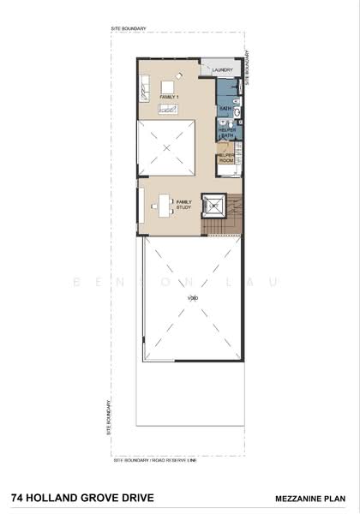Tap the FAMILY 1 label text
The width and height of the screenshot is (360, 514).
tap(170, 97)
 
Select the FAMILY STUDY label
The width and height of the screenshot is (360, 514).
tap(183, 204)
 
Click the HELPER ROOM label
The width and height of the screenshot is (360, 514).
tap(225, 157)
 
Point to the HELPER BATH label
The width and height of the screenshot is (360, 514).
tap(227, 133)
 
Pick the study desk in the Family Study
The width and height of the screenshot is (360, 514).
tap(163, 205)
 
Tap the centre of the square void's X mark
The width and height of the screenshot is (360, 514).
tap(166, 148)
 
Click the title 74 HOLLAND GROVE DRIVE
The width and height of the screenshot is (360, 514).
tap(68, 496)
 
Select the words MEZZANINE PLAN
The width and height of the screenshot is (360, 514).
tap(311, 497)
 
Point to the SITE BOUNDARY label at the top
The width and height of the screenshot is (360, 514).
tap(129, 29)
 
